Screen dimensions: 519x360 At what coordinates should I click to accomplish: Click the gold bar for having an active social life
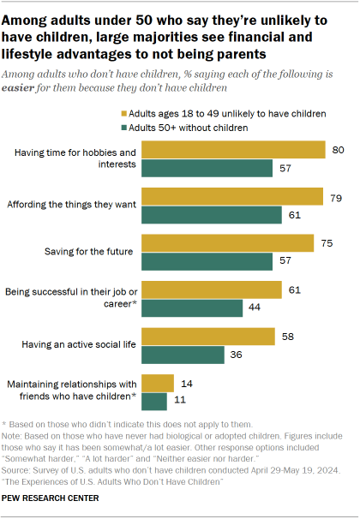click(x=208, y=336)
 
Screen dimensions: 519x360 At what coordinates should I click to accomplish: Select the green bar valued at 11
click(x=154, y=399)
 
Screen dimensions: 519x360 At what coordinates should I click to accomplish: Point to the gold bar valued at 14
click(x=158, y=382)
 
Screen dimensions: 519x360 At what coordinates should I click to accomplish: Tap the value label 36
click(x=234, y=353)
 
